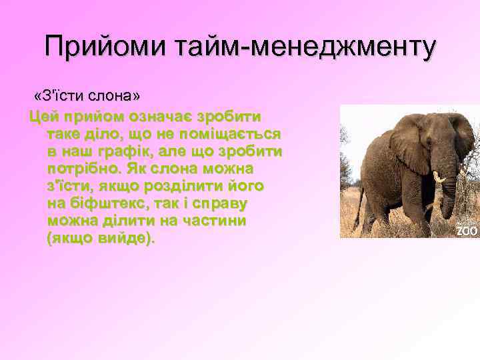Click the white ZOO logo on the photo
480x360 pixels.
[x=467, y=231]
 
